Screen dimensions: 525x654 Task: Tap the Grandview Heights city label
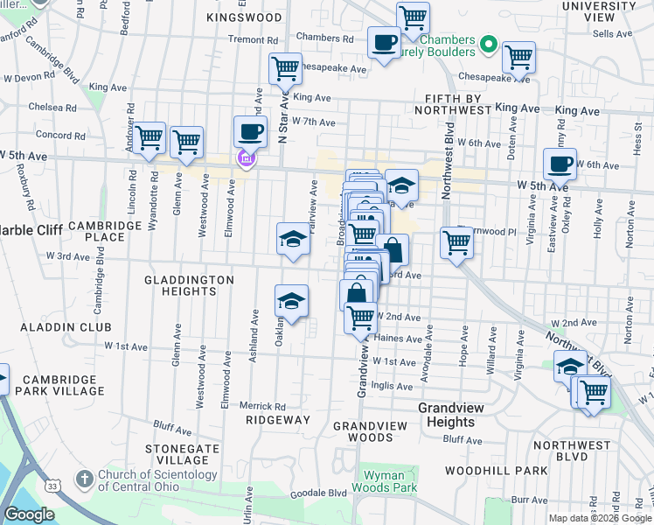click(x=446, y=415)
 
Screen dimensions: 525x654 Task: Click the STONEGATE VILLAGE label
click(x=182, y=454)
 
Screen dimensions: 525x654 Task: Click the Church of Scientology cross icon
click(x=84, y=479)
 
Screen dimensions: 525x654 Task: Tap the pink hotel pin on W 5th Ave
click(x=246, y=158)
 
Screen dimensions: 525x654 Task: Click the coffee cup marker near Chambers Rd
click(x=383, y=42)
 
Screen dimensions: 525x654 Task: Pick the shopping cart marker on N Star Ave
click(x=285, y=68)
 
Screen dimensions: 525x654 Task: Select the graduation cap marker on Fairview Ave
click(x=293, y=239)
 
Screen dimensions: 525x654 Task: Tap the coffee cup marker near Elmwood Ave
click(x=250, y=131)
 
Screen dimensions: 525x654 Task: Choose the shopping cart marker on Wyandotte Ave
click(x=150, y=136)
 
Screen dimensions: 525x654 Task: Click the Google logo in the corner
click(x=30, y=514)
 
